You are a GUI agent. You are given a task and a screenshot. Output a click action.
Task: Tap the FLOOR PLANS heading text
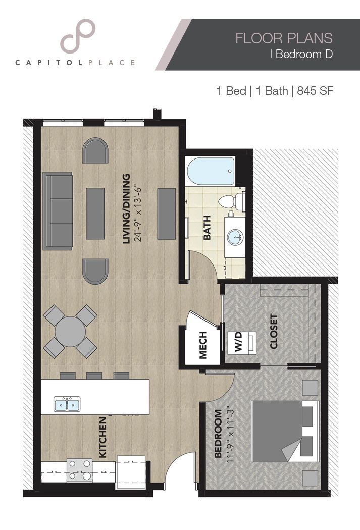click(284, 38)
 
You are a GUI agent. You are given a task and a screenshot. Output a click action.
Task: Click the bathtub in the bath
click(211, 172)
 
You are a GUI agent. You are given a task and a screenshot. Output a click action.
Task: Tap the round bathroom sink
click(234, 236)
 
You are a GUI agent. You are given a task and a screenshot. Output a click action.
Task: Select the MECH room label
click(203, 345)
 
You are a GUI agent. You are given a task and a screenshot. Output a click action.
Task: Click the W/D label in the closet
click(238, 343)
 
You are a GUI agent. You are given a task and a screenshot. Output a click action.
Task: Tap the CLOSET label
click(274, 332)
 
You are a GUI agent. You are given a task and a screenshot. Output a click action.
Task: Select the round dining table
click(70, 332)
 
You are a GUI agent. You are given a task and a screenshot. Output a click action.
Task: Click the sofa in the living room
click(58, 211)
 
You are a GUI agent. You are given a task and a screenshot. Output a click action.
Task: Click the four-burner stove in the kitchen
click(79, 469)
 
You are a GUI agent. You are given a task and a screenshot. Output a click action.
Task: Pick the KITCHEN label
click(102, 438)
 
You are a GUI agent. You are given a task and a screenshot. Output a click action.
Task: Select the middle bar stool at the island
click(94, 375)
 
